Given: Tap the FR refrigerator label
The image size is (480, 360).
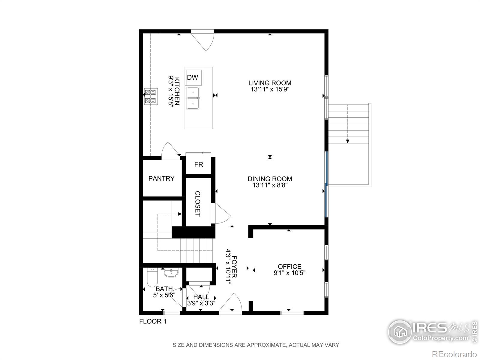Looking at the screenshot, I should (x=199, y=164).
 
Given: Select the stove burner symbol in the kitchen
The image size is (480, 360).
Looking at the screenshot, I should (x=151, y=97).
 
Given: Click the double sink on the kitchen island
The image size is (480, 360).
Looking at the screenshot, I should (x=193, y=98).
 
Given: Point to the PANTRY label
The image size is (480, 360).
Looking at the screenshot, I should (x=161, y=178).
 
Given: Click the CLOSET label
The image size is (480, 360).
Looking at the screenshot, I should (x=198, y=204).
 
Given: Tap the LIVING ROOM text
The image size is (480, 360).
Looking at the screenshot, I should (x=270, y=83).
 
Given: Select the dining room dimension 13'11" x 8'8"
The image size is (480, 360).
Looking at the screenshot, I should (x=270, y=185).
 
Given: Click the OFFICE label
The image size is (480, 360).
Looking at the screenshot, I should (x=289, y=266).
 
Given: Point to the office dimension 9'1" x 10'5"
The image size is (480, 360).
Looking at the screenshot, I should (x=289, y=273).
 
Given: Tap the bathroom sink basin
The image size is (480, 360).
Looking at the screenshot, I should (x=171, y=273).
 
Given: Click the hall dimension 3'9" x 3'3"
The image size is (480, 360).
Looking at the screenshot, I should (x=201, y=303).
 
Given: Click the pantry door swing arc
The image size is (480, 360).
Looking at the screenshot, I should (x=170, y=149).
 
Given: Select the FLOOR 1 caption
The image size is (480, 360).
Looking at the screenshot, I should (x=153, y=322).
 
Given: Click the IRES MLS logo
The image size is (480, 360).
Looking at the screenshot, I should (x=429, y=331).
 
